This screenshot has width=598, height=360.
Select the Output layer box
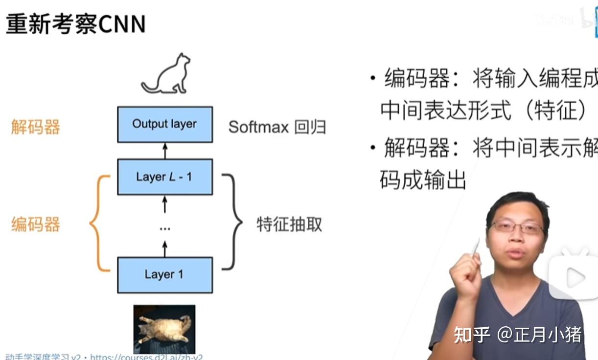click(165, 124)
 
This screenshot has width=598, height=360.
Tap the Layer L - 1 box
click(165, 177)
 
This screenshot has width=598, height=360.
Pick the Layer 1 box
click(165, 274)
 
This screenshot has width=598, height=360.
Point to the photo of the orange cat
click(164, 328)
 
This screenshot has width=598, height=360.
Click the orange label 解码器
click(36, 127)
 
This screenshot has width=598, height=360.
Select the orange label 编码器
click(36, 225)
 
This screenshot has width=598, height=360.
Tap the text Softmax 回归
click(277, 127)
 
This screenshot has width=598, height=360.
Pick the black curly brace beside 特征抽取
click(232, 222)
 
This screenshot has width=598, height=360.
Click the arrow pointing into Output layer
click(165, 151)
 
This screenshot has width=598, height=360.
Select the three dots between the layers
click(165, 228)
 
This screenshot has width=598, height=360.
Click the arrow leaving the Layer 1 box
click(165, 249)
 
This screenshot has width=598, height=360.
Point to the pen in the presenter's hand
click(475, 247)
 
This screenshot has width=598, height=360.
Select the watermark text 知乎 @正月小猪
click(518, 335)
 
